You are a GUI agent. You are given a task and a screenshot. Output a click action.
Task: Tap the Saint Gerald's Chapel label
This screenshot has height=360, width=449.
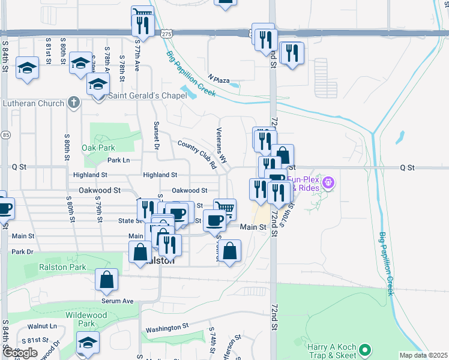pos(145,96)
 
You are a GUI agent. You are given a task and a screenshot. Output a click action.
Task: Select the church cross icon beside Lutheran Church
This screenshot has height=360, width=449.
pos(73,103)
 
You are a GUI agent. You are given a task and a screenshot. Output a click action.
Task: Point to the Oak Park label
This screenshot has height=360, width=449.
pos(99,148)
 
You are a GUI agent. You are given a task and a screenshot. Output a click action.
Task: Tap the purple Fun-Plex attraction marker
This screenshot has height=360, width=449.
pos(328,181)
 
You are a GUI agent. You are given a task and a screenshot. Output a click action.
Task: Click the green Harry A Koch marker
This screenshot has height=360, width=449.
pos(366,349)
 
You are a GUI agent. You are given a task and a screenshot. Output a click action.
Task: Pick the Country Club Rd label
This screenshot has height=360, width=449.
pos(197,154)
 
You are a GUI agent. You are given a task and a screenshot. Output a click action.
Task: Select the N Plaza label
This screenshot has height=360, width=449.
pos(219,79)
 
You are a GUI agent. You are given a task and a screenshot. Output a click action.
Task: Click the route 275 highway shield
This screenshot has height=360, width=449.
pos(167,35)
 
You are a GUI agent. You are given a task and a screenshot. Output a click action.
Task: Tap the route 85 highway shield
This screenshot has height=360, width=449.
pos(4,135)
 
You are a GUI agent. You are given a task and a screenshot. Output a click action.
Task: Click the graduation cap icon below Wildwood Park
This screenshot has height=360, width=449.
pos(88,342)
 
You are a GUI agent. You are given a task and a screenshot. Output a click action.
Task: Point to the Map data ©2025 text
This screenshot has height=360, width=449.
pos(423,355)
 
